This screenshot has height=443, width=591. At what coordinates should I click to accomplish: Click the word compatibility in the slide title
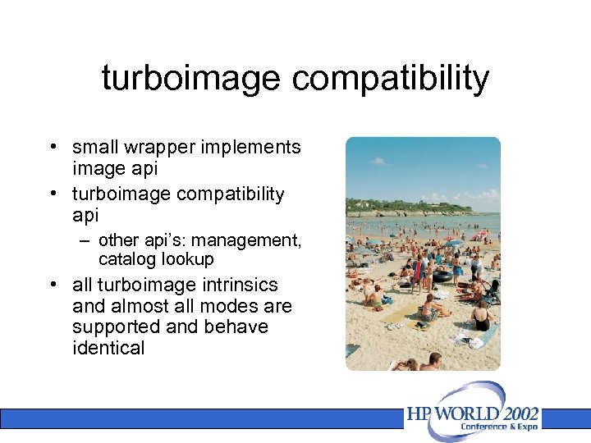(389, 79)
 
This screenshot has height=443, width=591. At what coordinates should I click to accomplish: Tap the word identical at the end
(108, 348)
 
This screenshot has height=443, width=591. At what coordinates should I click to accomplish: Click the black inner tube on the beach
(441, 276)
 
